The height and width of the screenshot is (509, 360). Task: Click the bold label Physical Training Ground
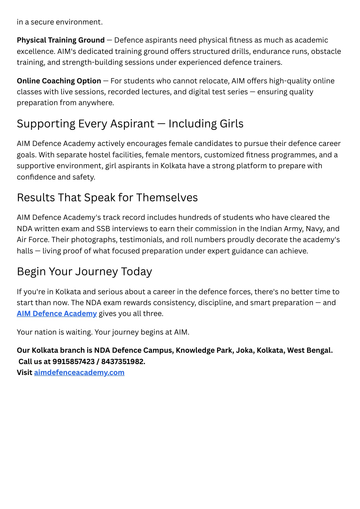60,40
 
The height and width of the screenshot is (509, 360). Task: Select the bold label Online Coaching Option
59,81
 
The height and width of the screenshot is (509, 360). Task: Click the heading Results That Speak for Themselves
107,198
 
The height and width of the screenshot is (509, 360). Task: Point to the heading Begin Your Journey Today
84,272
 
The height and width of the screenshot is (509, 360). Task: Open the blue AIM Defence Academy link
57,313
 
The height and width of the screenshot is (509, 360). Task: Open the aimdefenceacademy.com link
79,373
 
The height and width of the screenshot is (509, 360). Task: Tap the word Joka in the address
245,350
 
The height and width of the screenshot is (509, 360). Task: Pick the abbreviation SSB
103,229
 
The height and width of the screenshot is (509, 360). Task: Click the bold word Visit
24,373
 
